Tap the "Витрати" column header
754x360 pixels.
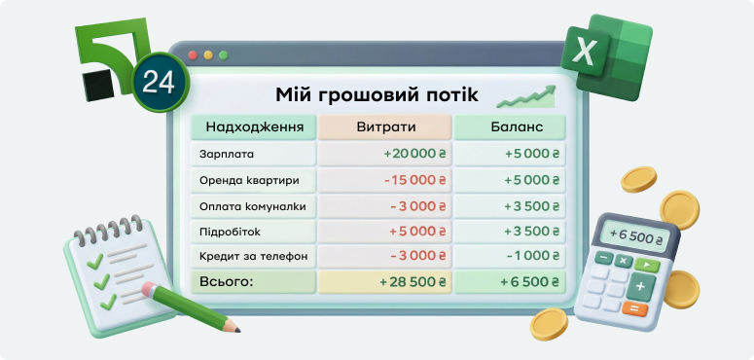pyautogui.click(x=385, y=127)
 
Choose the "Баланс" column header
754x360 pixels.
pyautogui.click(x=511, y=127)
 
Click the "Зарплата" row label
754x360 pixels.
pyautogui.click(x=226, y=154)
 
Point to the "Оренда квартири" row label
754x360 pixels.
pyautogui.click(x=249, y=180)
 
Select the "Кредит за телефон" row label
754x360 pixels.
pyautogui.click(x=252, y=256)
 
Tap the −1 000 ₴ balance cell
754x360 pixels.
pyautogui.click(x=532, y=256)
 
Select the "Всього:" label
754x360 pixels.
pyautogui.click(x=226, y=282)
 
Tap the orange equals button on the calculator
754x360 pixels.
pyautogui.click(x=634, y=309)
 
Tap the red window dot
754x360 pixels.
pyautogui.click(x=192, y=55)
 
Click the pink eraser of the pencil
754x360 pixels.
pyautogui.click(x=147, y=289)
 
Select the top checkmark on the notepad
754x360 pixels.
pyautogui.click(x=95, y=261)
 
